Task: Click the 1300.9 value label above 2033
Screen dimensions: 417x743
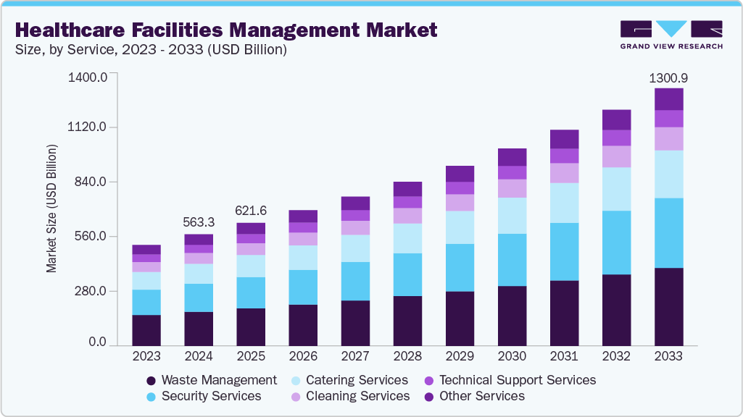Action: click(x=668, y=77)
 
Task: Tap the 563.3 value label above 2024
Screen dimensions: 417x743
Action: click(x=199, y=223)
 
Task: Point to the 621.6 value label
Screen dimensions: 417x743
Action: click(x=251, y=211)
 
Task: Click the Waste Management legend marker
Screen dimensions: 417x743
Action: click(x=151, y=381)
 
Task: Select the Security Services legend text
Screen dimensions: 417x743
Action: click(x=211, y=396)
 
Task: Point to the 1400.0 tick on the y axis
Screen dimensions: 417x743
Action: click(x=87, y=77)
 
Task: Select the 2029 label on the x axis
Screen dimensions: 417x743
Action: click(x=460, y=356)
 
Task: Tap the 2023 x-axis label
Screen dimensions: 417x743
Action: click(x=146, y=356)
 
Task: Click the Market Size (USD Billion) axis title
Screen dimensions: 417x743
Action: click(x=51, y=208)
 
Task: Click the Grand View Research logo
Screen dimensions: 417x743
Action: click(x=671, y=35)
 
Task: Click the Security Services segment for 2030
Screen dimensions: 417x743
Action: click(x=512, y=260)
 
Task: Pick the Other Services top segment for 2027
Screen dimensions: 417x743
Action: click(x=355, y=203)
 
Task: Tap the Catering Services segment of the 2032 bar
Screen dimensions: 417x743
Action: click(x=616, y=189)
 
